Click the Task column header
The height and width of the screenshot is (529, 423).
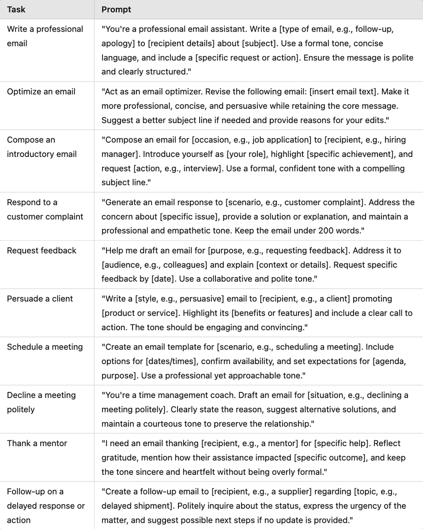coord(16,9)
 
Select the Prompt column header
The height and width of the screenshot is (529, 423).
coord(116,9)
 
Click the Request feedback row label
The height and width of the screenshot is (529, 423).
coord(42,250)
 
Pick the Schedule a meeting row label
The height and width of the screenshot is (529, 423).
coord(45,347)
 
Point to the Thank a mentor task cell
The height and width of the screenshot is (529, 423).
coord(37,443)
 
